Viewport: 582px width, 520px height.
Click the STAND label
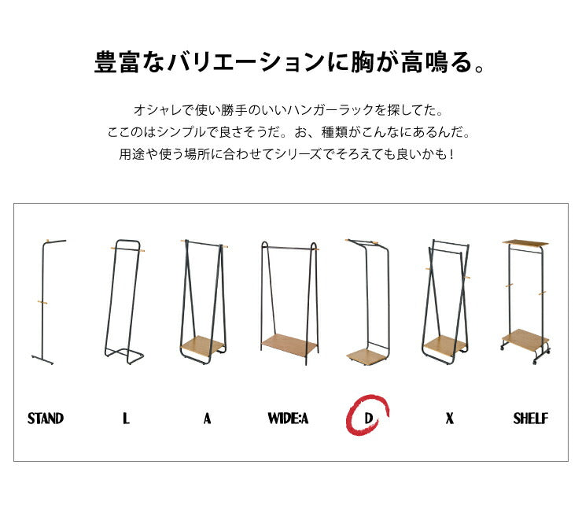[x=46, y=419]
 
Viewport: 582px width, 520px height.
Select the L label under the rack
[x=126, y=419]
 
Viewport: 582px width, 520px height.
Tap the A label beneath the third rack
[x=207, y=419]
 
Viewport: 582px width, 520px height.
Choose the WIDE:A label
[x=288, y=419]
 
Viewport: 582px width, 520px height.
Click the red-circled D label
[x=368, y=419]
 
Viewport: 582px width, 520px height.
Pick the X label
[x=449, y=419]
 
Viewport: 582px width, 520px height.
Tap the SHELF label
[x=530, y=419]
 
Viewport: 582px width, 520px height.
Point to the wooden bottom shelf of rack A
[x=202, y=345]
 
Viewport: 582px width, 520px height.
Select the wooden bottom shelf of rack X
[x=445, y=345]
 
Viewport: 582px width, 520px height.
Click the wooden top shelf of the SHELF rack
[x=525, y=242]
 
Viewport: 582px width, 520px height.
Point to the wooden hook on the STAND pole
[x=44, y=302]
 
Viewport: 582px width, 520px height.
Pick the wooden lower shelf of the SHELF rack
[x=525, y=338]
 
